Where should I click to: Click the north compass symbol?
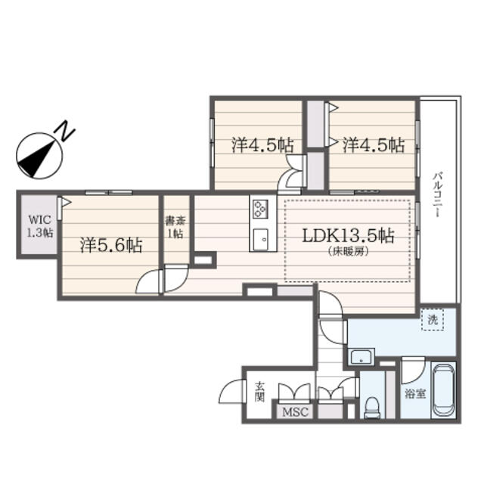coord(39,156)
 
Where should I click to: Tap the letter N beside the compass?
coord(65,131)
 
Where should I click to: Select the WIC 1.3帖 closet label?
coord(40,226)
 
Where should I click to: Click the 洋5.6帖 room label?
coord(111,245)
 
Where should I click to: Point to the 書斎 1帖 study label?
coord(175,227)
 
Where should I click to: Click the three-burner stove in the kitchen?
coord(261,209)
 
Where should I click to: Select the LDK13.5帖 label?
coord(348,236)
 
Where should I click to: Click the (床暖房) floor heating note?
coord(349,252)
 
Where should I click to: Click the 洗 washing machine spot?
coord(433,319)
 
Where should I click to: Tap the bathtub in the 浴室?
coord(444,390)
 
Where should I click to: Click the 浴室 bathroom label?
coord(415,394)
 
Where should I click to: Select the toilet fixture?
coord(372,407)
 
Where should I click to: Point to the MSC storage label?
coord(295,411)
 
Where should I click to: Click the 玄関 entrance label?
coord(260,392)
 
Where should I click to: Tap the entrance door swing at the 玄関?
coord(232,391)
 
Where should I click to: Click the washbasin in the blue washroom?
coord(361,356)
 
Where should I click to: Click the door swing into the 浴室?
coord(414,370)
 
